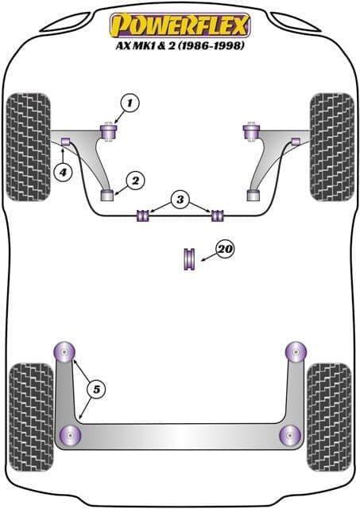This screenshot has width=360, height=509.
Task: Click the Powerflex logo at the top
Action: [x=180, y=25]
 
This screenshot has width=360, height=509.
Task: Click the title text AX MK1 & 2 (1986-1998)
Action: [x=180, y=46]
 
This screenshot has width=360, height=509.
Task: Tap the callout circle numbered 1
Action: [x=130, y=103]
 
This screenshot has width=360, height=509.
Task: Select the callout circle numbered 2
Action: [x=135, y=181]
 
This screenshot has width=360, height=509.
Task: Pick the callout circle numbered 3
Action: [x=180, y=200]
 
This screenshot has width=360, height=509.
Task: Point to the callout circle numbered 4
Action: [x=63, y=172]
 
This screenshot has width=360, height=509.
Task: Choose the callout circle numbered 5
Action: [x=97, y=389]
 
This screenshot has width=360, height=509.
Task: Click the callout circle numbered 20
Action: [x=226, y=249]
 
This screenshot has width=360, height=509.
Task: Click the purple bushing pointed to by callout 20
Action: [x=188, y=258]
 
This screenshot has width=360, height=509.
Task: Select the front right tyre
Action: [x=331, y=147]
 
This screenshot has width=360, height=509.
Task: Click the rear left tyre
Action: [x=31, y=417]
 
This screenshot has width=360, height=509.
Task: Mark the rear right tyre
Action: [x=329, y=417]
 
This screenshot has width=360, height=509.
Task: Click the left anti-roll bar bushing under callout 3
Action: [x=143, y=216]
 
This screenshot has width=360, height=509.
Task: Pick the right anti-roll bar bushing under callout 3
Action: [x=218, y=216]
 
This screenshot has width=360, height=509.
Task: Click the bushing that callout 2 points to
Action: [x=106, y=195]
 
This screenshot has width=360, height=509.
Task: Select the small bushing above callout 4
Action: [x=66, y=142]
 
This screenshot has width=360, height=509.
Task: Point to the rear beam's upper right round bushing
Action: [x=296, y=352]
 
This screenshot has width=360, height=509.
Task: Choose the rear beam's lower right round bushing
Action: [x=290, y=435]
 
